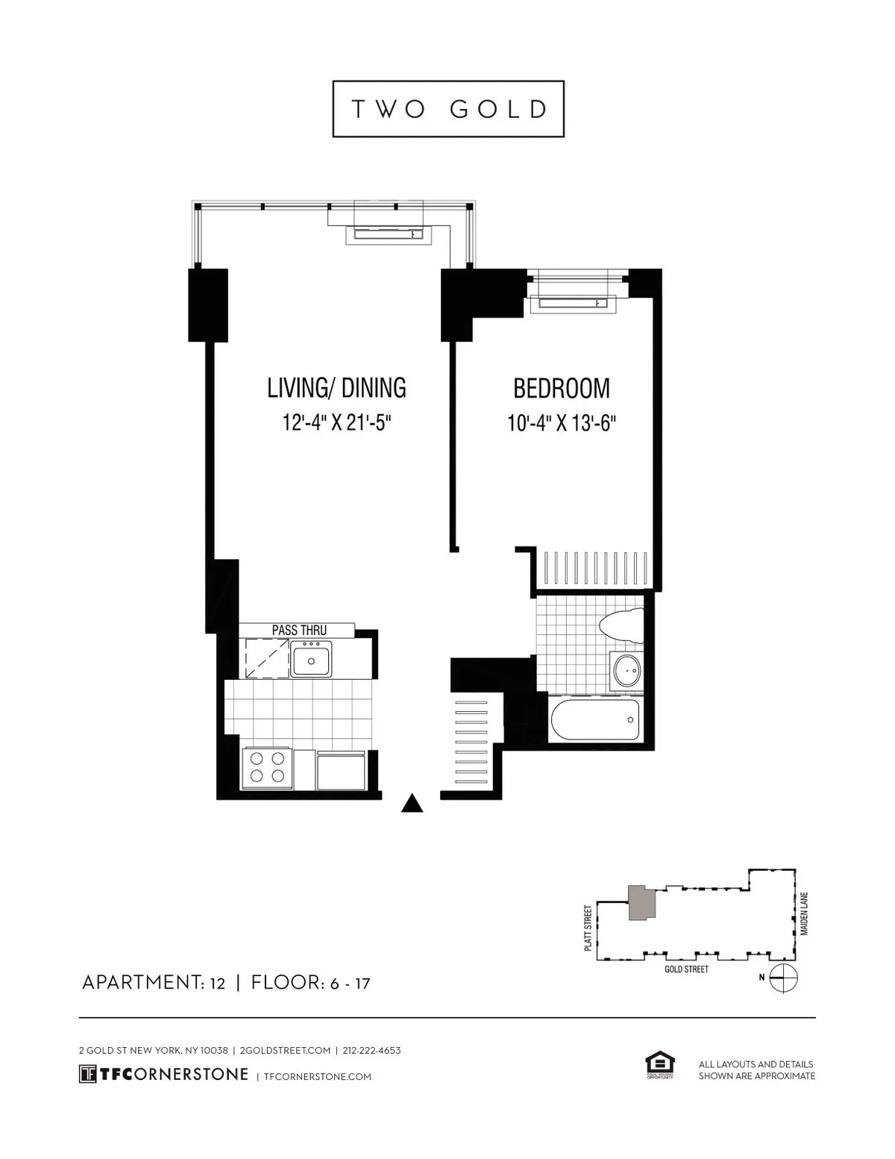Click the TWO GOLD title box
click(x=448, y=109)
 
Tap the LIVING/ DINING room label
click(x=336, y=388)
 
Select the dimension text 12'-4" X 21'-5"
click(x=337, y=423)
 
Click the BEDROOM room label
click(x=561, y=388)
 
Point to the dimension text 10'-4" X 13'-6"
click(x=561, y=423)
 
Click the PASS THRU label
click(x=298, y=631)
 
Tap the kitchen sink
click(x=311, y=660)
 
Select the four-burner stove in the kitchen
click(x=267, y=768)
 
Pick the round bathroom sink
click(x=626, y=669)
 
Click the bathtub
click(x=594, y=720)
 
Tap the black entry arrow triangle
click(x=412, y=803)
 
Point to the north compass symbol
click(x=784, y=977)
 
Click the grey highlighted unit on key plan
click(x=641, y=904)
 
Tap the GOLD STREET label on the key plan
click(x=686, y=969)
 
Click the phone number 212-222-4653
click(x=372, y=1050)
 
